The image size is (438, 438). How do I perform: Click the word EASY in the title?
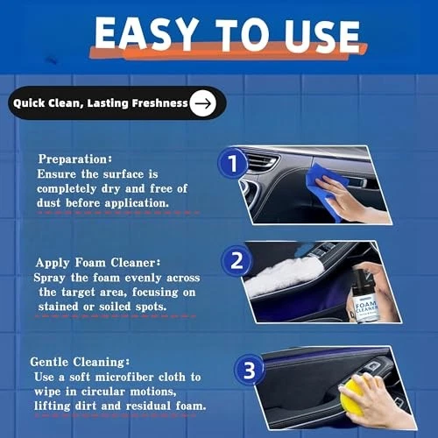point(145,33)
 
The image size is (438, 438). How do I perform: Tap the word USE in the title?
point(321,36)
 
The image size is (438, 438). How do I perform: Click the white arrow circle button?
point(202,103)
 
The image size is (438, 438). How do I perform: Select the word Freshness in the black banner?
point(159,103)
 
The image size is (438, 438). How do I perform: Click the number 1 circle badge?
point(232,163)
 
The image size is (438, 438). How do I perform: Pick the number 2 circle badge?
point(237,260)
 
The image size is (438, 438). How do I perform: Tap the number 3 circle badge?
point(249,370)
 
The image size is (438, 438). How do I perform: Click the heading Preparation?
point(75,159)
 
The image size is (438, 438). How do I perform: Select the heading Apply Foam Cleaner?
point(98,263)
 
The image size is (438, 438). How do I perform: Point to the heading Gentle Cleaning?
point(80,362)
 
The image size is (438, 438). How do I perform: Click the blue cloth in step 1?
point(325,190)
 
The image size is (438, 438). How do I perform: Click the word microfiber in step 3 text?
point(124,377)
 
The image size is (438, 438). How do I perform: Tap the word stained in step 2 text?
point(58,307)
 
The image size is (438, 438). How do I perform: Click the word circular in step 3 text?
point(102,392)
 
